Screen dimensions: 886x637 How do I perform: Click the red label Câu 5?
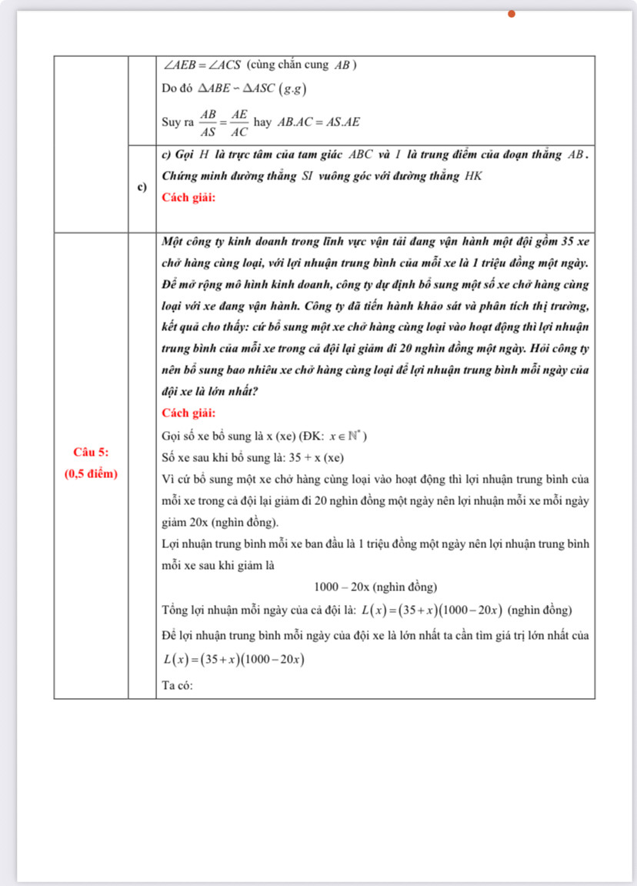tap(91, 451)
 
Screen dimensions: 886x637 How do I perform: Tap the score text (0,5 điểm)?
tap(91, 473)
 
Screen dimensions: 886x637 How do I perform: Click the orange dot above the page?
tap(511, 13)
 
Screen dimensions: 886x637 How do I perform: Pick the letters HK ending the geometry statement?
tap(474, 176)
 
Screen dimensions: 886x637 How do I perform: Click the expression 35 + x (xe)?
tap(315, 458)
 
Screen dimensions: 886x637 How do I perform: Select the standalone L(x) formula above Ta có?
tap(234, 660)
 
